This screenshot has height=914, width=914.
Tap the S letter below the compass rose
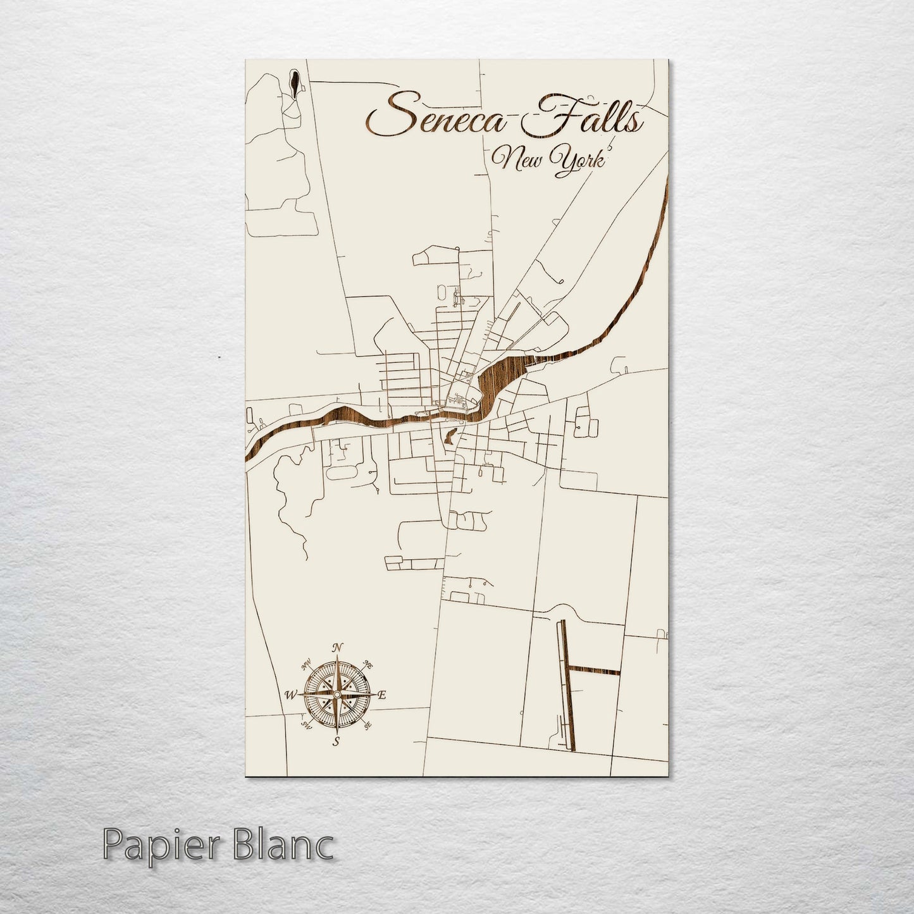click(x=337, y=741)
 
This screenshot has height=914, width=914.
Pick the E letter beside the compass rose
click(x=381, y=695)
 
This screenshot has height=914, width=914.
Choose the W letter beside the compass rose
click(x=291, y=695)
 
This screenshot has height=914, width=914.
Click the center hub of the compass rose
click(x=337, y=695)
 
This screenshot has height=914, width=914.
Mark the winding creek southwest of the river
click(x=288, y=500)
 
